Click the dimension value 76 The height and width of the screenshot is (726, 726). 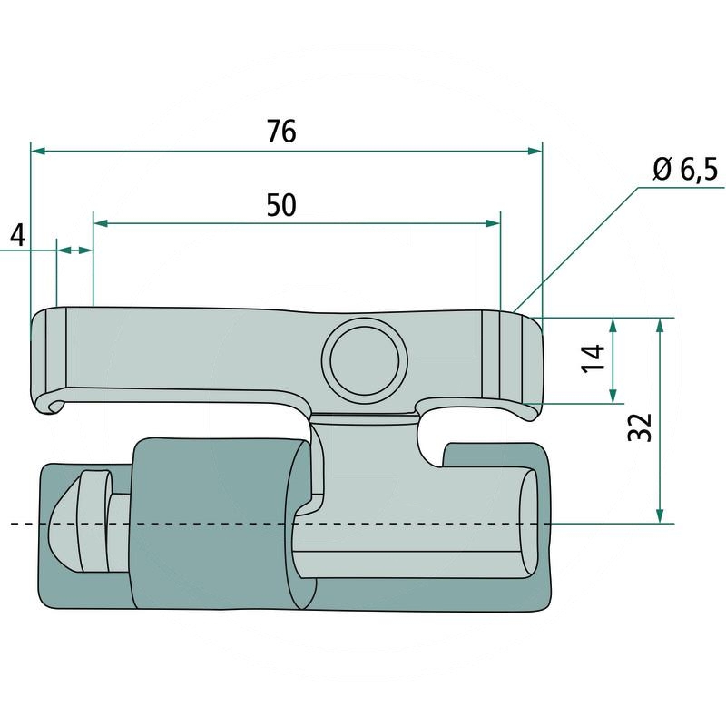[281, 132]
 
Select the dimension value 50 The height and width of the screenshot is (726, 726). [281, 205]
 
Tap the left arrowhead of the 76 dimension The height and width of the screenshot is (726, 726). [38, 151]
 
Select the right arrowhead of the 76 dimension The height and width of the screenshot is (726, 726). [535, 151]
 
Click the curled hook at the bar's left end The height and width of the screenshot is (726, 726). [49, 405]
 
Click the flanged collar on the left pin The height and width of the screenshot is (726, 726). [92, 522]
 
